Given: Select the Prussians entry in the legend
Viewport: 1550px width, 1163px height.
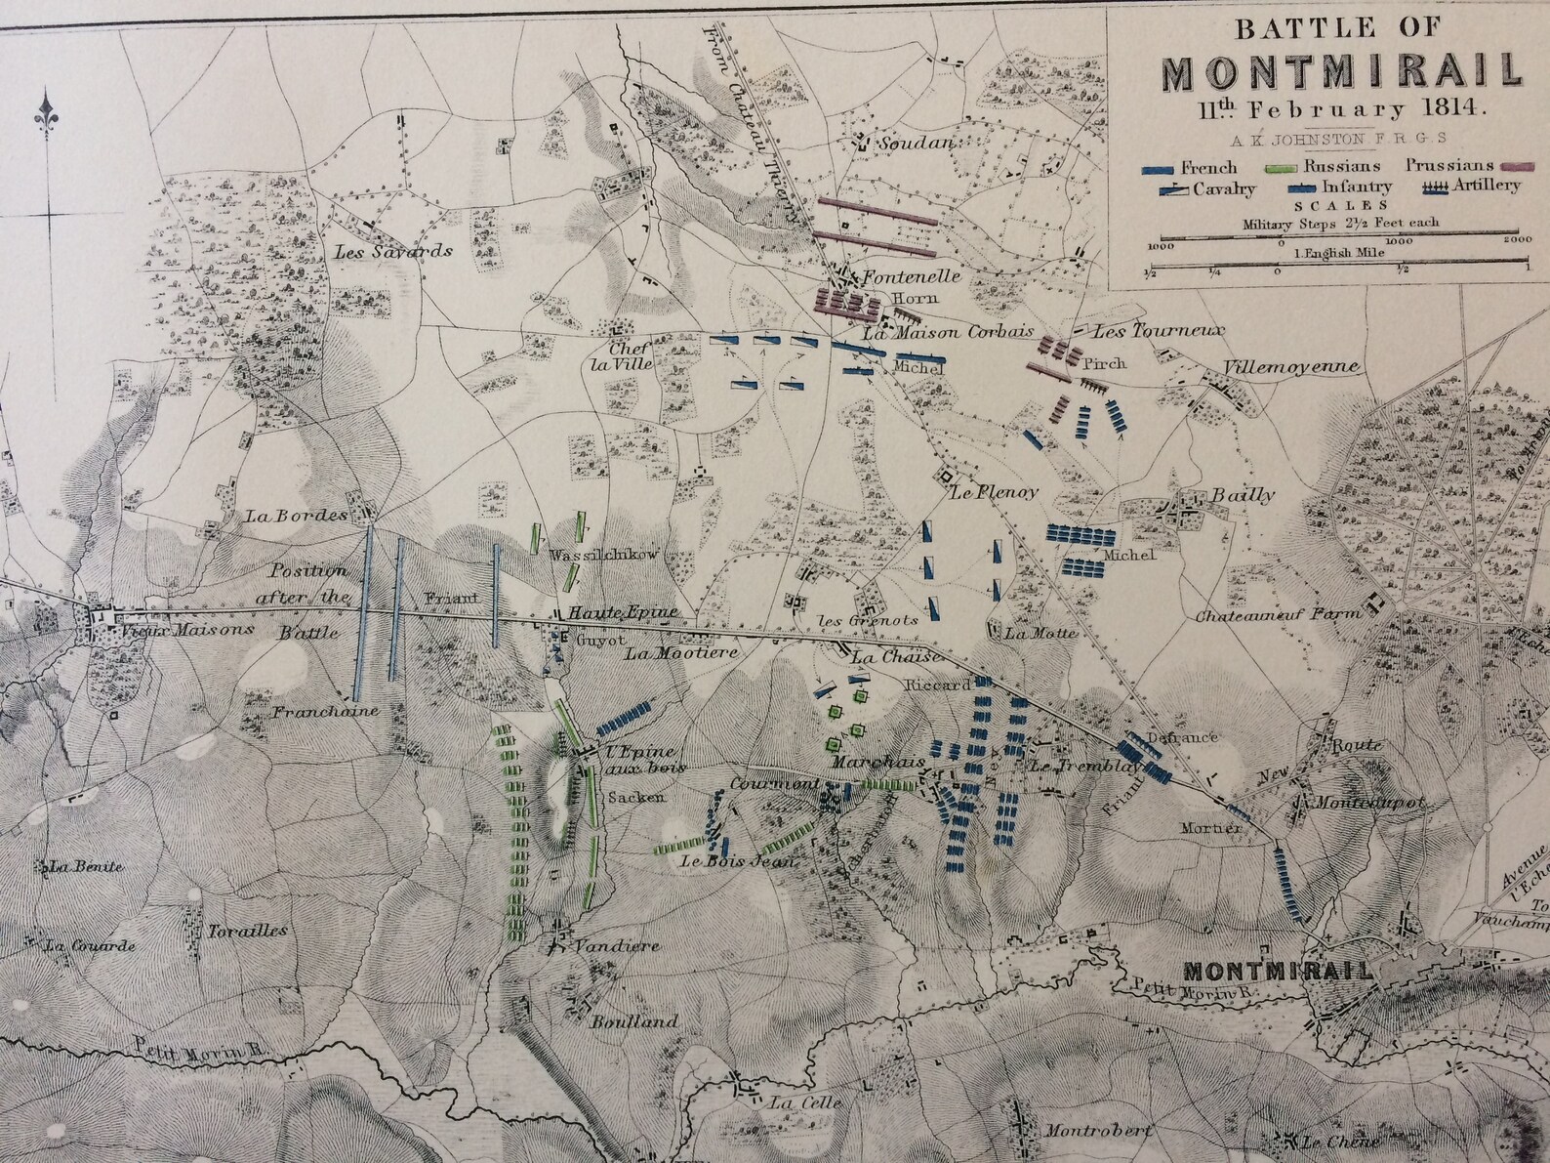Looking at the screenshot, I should point(1449,166).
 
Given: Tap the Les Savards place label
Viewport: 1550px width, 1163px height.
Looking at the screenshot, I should point(393,251).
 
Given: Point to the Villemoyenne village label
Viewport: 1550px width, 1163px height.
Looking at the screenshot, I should point(1291,367).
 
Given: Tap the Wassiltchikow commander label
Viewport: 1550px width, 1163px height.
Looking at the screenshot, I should point(605,556).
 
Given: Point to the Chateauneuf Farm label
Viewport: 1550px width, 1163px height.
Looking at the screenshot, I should point(1279,616).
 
